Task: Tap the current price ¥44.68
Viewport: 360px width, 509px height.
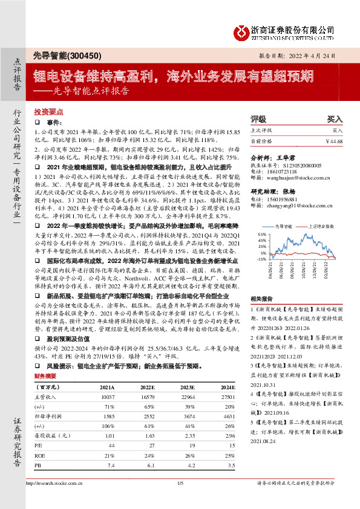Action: point(334,141)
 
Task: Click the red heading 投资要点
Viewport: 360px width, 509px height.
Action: point(47,112)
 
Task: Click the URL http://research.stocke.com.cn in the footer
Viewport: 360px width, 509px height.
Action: point(55,500)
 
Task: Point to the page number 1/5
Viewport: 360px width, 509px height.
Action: point(180,500)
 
